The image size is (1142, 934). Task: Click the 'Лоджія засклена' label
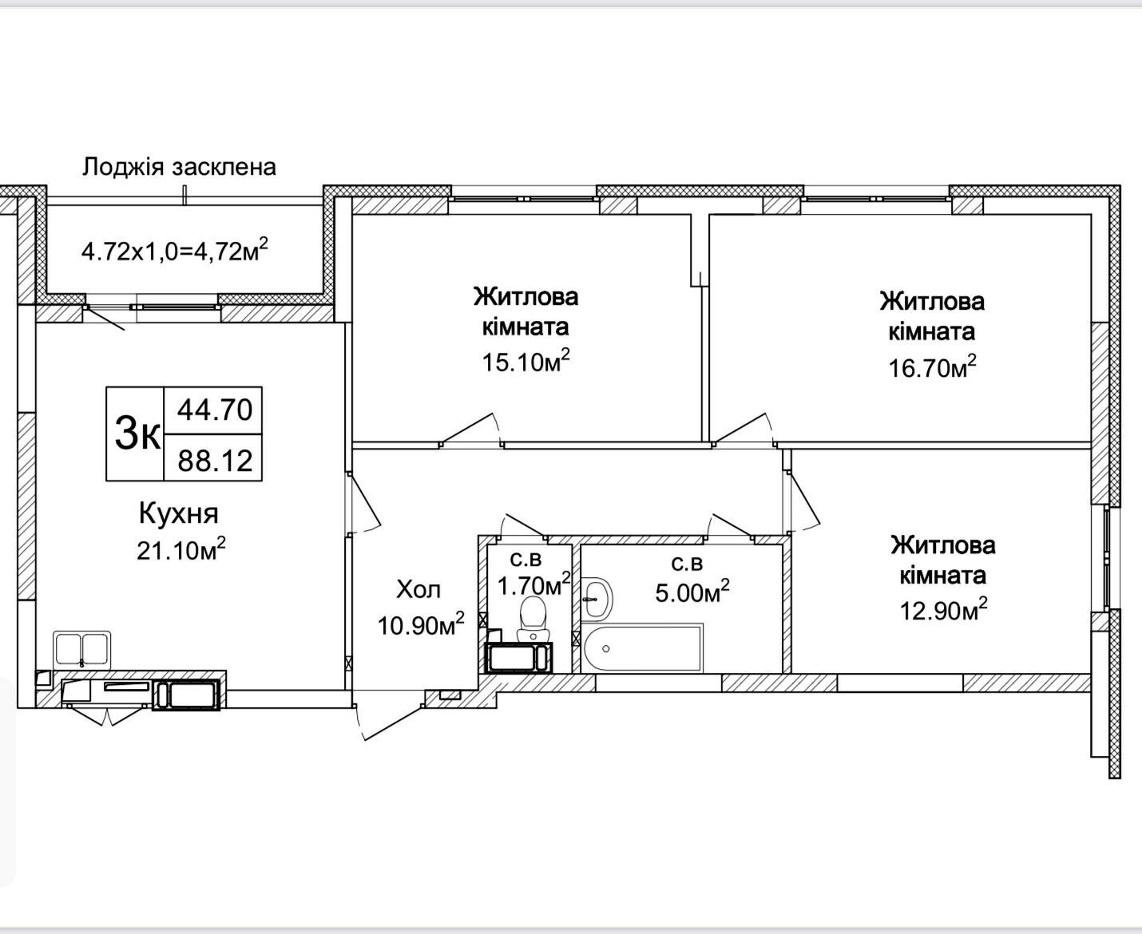(179, 167)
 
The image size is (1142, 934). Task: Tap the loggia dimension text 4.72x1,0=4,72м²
(175, 250)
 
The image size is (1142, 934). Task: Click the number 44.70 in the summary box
(215, 410)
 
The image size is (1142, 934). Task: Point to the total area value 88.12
(215, 461)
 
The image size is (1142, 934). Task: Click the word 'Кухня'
(179, 513)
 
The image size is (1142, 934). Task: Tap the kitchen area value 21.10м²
(180, 549)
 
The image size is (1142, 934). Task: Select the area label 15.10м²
(525, 361)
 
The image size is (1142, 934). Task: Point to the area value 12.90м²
(943, 610)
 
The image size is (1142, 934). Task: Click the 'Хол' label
(418, 589)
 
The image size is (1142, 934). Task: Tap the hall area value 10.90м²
(421, 624)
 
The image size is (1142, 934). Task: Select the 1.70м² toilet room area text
(534, 584)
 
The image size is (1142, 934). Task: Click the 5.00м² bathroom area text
(692, 592)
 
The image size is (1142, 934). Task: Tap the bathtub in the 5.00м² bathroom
(642, 648)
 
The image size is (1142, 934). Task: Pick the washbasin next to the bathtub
(597, 598)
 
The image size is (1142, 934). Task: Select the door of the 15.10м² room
(470, 429)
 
